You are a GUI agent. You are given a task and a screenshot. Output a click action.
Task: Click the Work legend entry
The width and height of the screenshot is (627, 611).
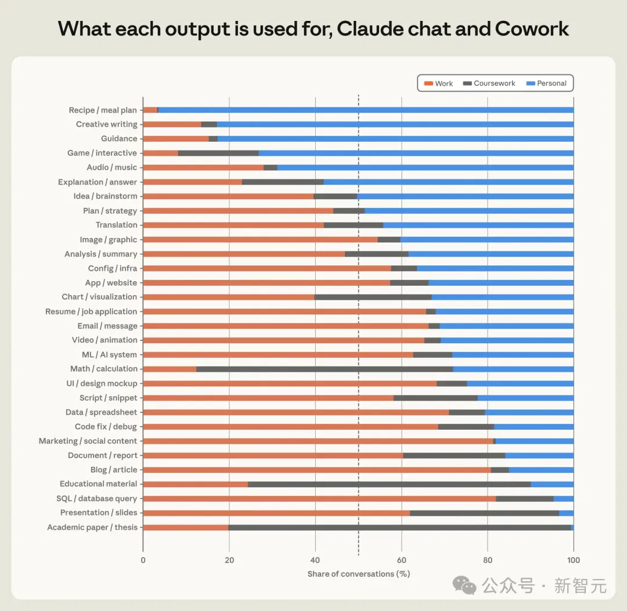438,83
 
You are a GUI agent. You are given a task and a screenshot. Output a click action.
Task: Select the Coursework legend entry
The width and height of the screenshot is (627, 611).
489,83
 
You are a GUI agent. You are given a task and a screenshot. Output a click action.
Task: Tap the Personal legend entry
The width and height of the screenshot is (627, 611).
546,83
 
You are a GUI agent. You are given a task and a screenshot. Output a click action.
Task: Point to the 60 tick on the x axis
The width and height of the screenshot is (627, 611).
402,560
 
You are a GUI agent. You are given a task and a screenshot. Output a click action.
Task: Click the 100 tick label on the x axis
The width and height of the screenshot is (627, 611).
574,560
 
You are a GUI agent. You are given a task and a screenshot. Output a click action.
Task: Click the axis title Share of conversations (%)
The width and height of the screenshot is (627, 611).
359,574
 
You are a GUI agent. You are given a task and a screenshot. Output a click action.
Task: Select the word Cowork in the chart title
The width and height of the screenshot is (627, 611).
532,28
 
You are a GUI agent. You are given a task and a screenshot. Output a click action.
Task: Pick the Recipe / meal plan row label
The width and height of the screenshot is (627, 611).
103,110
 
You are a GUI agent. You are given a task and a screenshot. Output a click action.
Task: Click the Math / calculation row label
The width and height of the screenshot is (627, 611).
103,369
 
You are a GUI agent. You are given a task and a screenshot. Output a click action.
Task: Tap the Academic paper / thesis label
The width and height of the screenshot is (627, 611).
92,527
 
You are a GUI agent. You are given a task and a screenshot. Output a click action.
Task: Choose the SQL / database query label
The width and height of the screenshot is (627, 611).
97,498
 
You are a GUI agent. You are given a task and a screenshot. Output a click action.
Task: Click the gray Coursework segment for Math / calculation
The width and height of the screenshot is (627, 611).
325,369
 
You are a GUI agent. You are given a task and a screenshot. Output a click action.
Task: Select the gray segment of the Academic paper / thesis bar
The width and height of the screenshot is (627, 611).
400,527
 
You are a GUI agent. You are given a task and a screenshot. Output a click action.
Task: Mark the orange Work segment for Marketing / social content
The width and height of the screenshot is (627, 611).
318,441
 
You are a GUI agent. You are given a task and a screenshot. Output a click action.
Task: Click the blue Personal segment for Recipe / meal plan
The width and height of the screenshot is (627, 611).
366,110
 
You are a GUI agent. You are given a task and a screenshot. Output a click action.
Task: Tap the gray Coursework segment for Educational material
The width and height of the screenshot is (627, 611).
390,484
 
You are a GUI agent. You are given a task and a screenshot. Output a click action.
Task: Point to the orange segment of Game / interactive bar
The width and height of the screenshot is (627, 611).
160,153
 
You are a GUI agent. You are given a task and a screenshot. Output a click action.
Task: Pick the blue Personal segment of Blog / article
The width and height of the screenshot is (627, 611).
542,470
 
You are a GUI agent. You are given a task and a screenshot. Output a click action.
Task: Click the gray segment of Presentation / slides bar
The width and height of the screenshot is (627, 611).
485,513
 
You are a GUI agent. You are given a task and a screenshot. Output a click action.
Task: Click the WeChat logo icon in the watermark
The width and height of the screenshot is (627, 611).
464,585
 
